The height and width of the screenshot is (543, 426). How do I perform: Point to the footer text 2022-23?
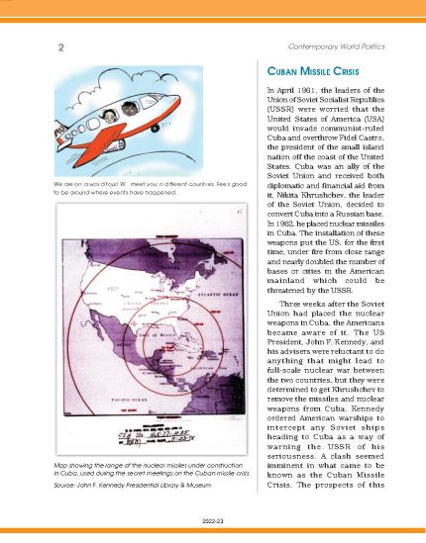tap(213, 517)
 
